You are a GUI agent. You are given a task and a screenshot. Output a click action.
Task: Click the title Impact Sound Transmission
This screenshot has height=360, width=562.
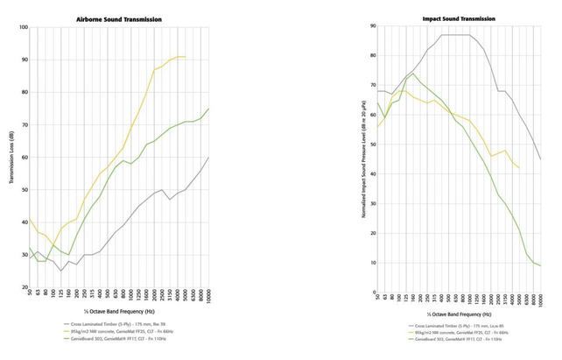point(460,17)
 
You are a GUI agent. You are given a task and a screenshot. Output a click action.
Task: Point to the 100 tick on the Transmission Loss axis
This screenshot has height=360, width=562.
point(25,27)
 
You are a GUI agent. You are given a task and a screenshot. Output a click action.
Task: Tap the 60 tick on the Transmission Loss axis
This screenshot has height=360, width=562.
point(25,157)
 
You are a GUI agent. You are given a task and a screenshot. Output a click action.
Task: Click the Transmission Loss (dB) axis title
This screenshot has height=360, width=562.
point(11,157)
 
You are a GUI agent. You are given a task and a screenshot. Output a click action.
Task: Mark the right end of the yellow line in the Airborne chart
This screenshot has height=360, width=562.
point(185,57)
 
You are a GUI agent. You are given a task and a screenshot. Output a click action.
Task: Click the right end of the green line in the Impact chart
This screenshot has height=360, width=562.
point(540,265)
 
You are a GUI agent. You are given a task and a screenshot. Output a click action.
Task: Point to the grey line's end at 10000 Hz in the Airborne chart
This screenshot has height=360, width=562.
point(209,157)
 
